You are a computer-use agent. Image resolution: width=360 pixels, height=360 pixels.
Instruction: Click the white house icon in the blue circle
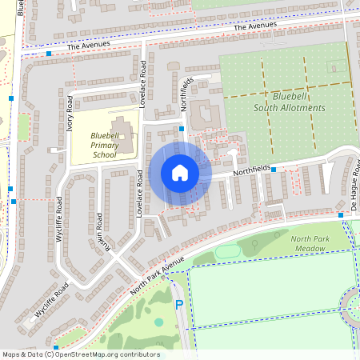pos(180,173)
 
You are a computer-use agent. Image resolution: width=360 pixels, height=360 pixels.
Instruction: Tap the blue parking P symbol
pos(178,305)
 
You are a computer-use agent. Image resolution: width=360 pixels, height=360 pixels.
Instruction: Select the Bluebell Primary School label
pos(104,145)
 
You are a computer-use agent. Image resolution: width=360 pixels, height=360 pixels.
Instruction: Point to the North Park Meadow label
pos(308,244)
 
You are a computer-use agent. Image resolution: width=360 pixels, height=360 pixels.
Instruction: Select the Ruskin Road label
pos(101,231)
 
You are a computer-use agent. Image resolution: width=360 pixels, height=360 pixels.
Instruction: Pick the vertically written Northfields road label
pos(186,94)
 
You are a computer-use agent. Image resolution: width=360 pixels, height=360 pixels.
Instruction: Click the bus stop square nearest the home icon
pos(182,128)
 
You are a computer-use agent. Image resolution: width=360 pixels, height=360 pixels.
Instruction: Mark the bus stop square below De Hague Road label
pos(341,215)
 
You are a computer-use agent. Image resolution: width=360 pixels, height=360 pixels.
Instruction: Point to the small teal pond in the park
pos(158,322)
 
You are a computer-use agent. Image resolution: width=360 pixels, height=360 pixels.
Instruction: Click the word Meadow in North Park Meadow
pos(308,249)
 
